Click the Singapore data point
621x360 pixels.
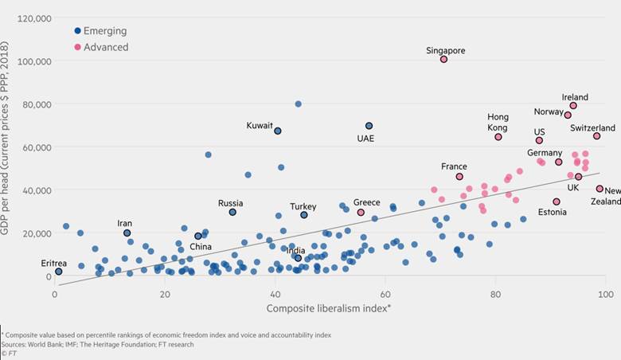pos(444,60)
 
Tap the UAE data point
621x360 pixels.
pos(369,126)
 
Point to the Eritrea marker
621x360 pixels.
pos(58,272)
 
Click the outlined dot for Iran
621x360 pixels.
pos(127,233)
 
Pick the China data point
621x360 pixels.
pos(198,237)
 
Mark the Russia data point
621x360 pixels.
pos(232,213)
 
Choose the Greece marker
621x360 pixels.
pos(361,213)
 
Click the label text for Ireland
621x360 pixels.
pos(575,97)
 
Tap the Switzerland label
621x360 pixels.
pos(592,127)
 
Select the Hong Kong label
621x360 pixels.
pos(498,123)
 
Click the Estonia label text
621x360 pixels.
pos(553,213)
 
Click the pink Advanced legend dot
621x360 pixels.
pos(77,47)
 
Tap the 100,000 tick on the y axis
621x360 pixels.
pos(34,61)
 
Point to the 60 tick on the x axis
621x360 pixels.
pos(385,295)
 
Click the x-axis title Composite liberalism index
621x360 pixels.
pos(329,308)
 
